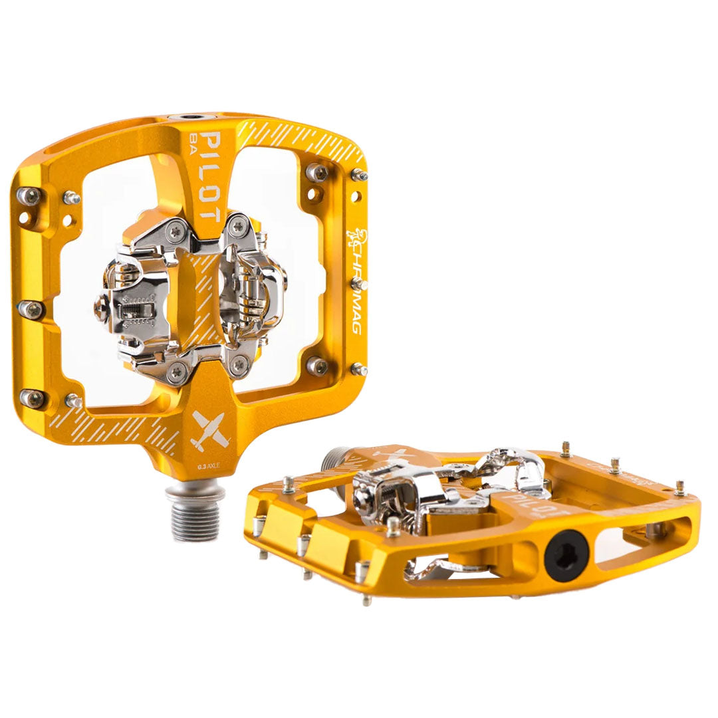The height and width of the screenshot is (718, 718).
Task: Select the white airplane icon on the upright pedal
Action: (x=205, y=429)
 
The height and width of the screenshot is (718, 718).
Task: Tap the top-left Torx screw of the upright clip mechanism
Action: (x=176, y=231)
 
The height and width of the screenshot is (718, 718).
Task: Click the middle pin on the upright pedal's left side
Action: (x=30, y=309)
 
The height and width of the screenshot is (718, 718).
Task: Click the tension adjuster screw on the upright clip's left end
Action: (x=102, y=308)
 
